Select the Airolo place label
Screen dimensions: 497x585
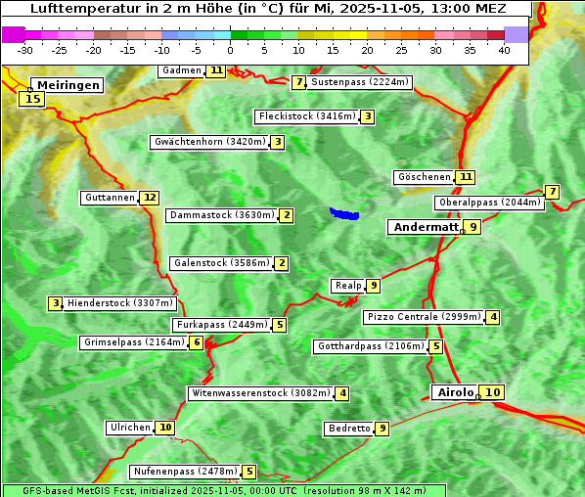click(x=455, y=392)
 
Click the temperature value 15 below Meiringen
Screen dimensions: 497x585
click(x=32, y=98)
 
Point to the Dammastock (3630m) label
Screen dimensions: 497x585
click(x=222, y=215)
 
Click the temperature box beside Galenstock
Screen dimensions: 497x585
click(x=282, y=263)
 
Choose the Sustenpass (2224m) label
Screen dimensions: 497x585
click(x=360, y=82)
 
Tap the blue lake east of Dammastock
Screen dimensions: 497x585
click(x=344, y=213)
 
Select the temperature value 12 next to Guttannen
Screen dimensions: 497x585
click(x=149, y=198)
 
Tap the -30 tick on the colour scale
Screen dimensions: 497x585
click(x=25, y=50)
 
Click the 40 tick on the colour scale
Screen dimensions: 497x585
click(x=504, y=50)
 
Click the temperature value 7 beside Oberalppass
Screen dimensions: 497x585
click(x=553, y=192)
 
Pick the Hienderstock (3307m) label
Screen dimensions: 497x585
click(x=119, y=303)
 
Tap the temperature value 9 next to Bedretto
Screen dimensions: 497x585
click(x=382, y=429)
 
